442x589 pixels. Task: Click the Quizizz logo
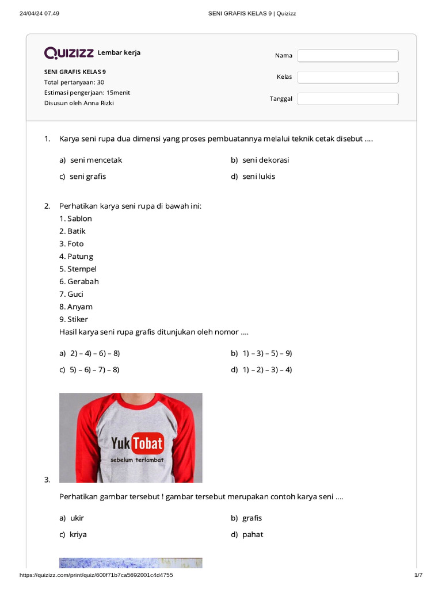pos(70,53)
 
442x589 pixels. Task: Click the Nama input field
pos(348,56)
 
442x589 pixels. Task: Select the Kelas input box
pos(348,77)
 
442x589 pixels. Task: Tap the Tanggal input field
pos(348,99)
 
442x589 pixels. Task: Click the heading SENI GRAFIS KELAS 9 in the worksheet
pos(75,72)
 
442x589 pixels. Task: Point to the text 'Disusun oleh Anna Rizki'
pos(83,103)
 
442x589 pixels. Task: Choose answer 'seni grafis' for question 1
pos(87,177)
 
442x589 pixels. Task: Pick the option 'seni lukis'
pos(258,177)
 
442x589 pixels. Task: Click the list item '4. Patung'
pos(76,257)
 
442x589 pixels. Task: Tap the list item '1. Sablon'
pos(75,219)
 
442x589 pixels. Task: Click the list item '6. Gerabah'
pos(79,282)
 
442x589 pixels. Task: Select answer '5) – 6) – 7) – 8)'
pos(94,370)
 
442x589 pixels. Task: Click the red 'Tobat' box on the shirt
pos(148,443)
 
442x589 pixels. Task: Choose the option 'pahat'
pos(253,534)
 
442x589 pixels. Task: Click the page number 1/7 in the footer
pos(418,575)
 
